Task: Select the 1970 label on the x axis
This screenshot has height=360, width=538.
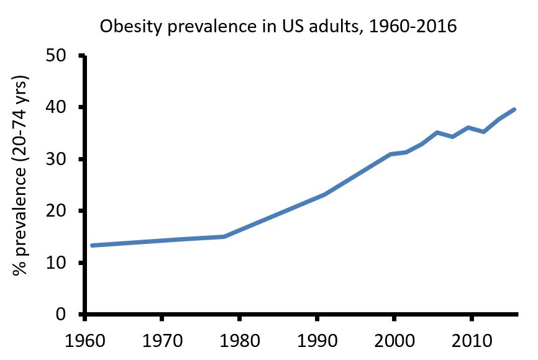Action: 162,342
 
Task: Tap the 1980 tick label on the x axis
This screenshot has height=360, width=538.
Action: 239,342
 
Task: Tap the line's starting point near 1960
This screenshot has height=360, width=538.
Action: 92,245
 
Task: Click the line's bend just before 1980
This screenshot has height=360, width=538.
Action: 224,236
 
